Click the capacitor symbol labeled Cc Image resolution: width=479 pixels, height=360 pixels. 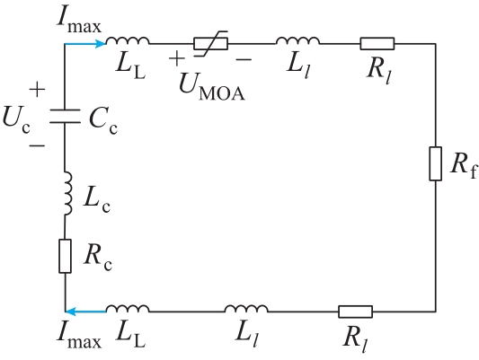coord(65,116)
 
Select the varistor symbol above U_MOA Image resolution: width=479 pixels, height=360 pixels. coord(211,44)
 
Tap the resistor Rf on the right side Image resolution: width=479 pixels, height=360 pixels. coord(436,163)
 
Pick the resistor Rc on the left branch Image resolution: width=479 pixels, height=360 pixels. coord(65,256)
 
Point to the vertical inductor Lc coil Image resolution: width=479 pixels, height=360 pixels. coord(68,193)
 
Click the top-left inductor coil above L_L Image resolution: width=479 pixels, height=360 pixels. coord(128,40)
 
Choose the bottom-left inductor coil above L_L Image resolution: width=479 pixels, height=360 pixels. coord(128,309)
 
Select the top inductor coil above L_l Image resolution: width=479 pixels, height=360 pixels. coord(297,40)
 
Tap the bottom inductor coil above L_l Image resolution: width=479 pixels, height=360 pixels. coord(246,309)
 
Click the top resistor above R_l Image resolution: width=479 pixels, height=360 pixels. coord(377,44)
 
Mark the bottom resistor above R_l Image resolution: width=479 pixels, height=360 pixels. coord(355,312)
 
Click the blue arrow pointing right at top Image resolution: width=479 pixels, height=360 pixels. coord(85,44)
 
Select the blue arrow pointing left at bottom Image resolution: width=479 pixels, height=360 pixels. coord(86,312)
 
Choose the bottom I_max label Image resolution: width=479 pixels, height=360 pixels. coord(79,338)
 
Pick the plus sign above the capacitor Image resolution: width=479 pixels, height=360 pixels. coord(37,89)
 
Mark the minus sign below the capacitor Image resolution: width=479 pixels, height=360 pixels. coord(37,145)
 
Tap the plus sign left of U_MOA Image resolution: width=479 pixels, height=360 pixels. coord(176,58)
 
